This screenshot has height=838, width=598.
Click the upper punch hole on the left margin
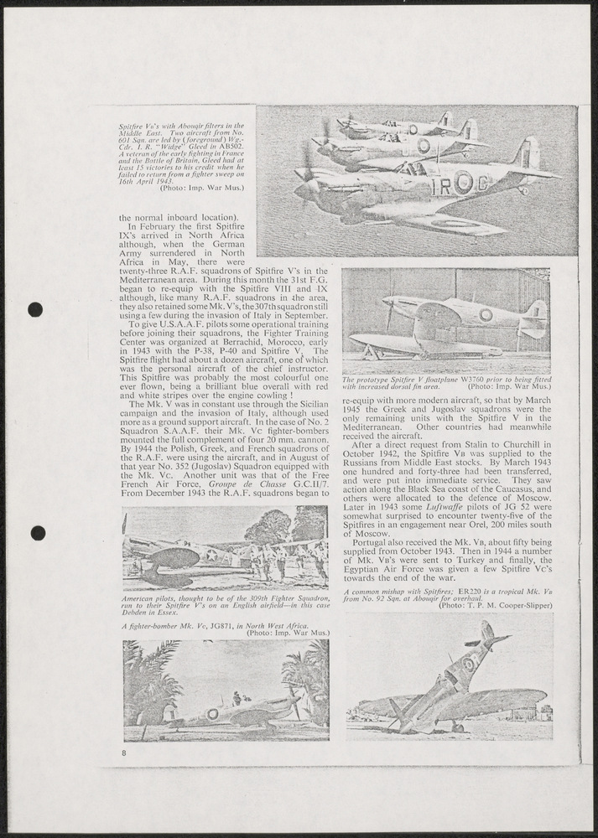pyautogui.click(x=35, y=309)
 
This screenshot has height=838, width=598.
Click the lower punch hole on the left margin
pyautogui.click(x=37, y=533)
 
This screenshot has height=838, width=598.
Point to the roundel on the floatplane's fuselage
pyautogui.click(x=486, y=314)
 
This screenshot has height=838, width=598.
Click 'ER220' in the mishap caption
pyautogui.click(x=484, y=592)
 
